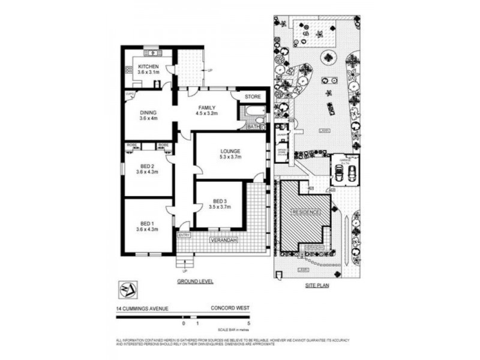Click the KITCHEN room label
[148, 67]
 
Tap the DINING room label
[148, 112]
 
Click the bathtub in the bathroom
[250, 112]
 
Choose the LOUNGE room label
[230, 151]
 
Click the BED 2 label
[148, 166]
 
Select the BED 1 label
[148, 222]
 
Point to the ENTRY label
[184, 235]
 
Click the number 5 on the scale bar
[247, 323]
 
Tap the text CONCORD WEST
[229, 309]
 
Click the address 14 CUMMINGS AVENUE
[143, 309]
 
